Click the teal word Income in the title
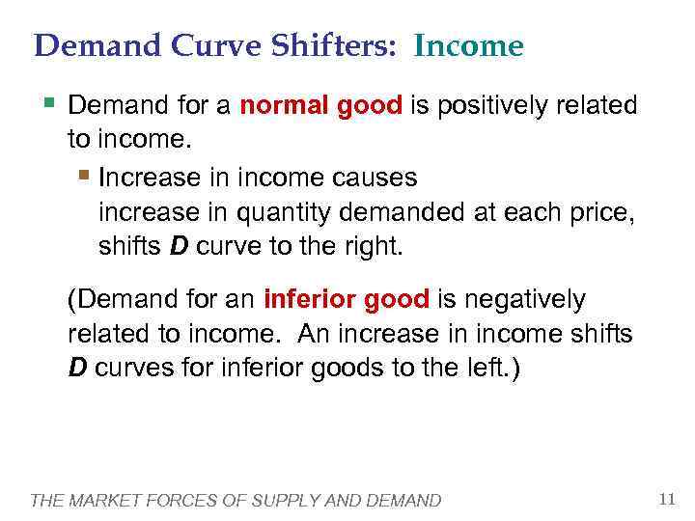point(468,45)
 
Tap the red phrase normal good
point(320,105)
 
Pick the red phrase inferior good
point(346,300)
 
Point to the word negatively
point(520,300)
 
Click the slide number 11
point(666,499)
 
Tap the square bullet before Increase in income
point(84,177)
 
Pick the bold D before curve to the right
point(179,246)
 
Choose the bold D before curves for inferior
point(77,369)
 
